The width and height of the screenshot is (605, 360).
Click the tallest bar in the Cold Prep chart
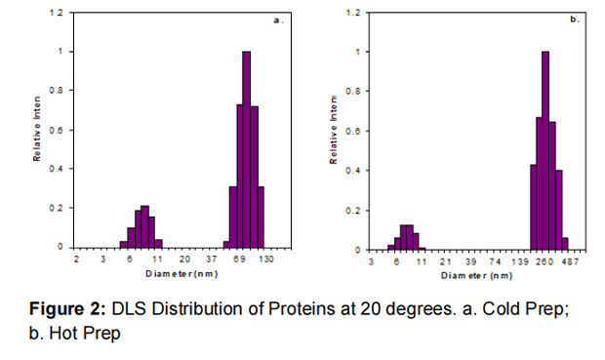pyautogui.click(x=246, y=151)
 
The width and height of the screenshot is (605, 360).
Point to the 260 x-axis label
pyautogui.click(x=545, y=261)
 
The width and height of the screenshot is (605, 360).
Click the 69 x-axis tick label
pyautogui.click(x=239, y=260)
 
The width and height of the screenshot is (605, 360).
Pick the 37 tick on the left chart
pyautogui.click(x=212, y=260)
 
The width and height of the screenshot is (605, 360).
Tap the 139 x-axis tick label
pyautogui.click(x=520, y=261)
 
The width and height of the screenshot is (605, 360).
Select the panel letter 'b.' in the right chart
pyautogui.click(x=575, y=20)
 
